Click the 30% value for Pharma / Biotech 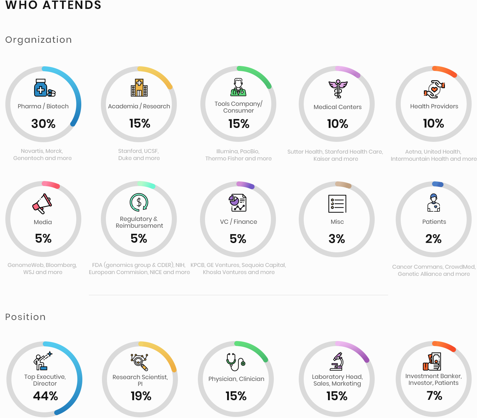coord(43,124)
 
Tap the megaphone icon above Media coord(42,203)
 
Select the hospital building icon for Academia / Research coord(139,88)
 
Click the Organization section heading coord(39,40)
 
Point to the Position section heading coord(25,317)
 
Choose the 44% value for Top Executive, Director coord(45,396)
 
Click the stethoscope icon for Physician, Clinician coord(236,362)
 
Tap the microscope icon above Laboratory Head coord(337,361)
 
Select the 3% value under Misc coord(337,239)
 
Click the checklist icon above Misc coord(337,204)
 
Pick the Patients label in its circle coord(434,222)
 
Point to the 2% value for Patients coord(433,239)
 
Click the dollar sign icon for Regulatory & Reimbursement coord(139,202)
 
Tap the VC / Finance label coord(238,222)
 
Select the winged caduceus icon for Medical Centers coord(338,88)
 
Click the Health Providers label coord(434,106)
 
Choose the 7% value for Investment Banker coord(434,396)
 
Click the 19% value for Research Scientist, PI coord(141,396)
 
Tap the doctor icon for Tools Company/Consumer coord(238,87)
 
